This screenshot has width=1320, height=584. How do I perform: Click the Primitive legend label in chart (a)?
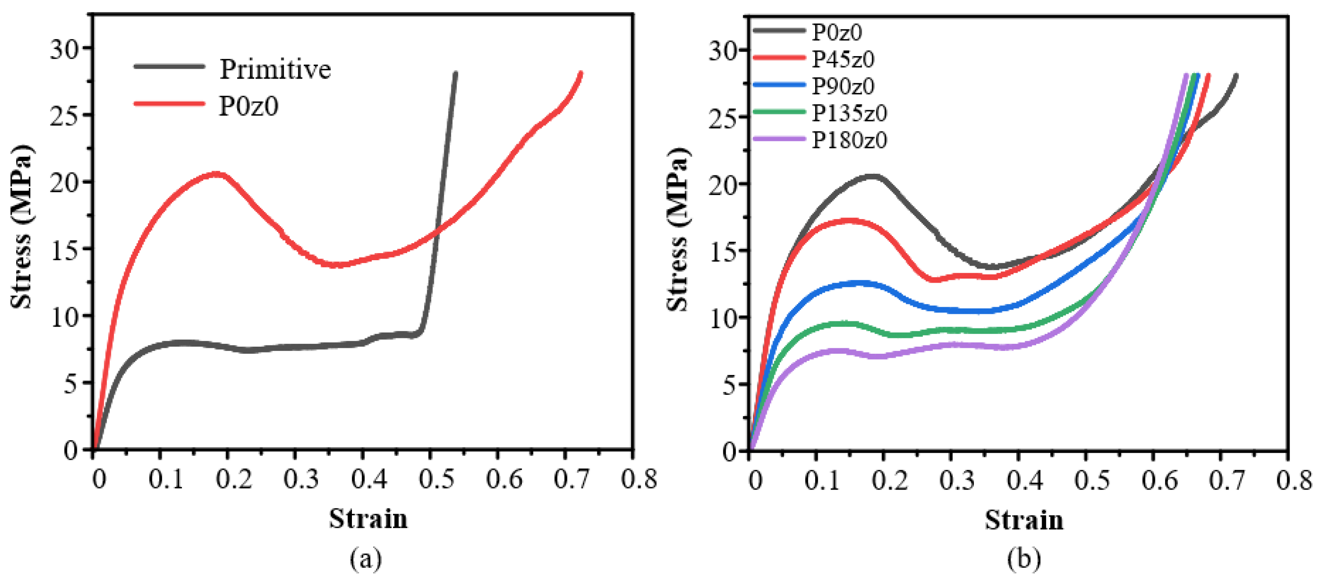pos(275,69)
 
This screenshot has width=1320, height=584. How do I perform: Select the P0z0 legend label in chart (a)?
pos(248,106)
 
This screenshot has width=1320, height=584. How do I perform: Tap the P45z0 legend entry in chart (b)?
pos(843,59)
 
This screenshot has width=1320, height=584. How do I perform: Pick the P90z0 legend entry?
pos(843,86)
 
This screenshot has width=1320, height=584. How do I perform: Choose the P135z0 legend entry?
pos(849,113)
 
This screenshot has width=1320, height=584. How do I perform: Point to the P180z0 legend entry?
pos(849,140)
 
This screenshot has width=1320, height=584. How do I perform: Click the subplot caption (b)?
pos(1023,558)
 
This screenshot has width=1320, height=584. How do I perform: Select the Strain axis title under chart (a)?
pos(368,518)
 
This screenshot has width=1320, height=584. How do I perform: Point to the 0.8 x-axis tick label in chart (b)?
pos(1294,481)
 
